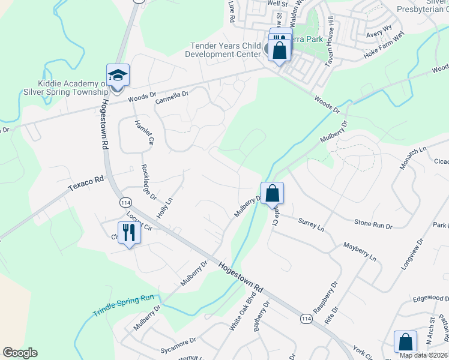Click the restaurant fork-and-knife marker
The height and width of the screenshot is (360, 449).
[130, 232]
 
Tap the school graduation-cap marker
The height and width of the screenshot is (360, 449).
[118, 76]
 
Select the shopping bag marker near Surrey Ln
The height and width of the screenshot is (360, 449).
[272, 193]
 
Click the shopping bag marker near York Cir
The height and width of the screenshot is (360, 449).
[406, 342]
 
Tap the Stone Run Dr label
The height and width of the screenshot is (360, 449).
[373, 224]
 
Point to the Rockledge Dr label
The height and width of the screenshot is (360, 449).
[149, 182]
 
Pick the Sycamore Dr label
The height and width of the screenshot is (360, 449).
[178, 343]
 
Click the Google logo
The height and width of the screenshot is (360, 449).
[20, 352]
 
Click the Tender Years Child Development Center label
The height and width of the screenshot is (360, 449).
[225, 50]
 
